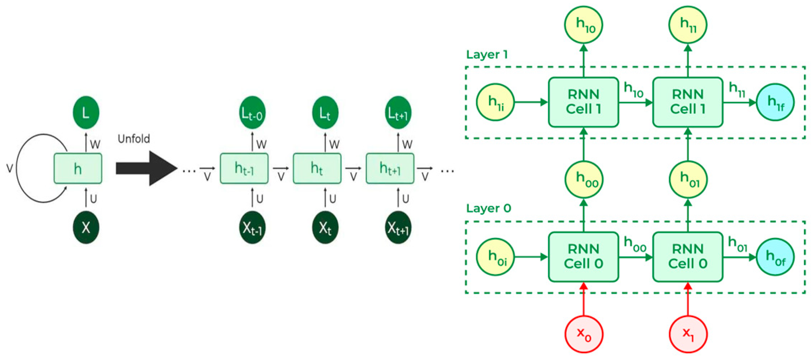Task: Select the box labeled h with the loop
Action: click(78, 168)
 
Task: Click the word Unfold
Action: click(134, 139)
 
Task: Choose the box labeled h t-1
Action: click(244, 168)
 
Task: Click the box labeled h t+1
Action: click(390, 168)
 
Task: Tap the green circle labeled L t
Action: click(325, 113)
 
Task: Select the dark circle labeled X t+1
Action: click(398, 227)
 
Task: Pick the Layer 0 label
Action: click(488, 209)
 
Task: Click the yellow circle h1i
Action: click(495, 102)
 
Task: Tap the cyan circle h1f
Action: click(775, 102)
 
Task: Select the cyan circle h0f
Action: click(775, 257)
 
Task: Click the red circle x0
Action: click(584, 334)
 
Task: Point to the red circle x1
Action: click(688, 334)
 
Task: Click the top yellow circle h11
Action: click(688, 25)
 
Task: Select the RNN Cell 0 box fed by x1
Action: click(688, 257)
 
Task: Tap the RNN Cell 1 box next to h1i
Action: click(584, 102)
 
